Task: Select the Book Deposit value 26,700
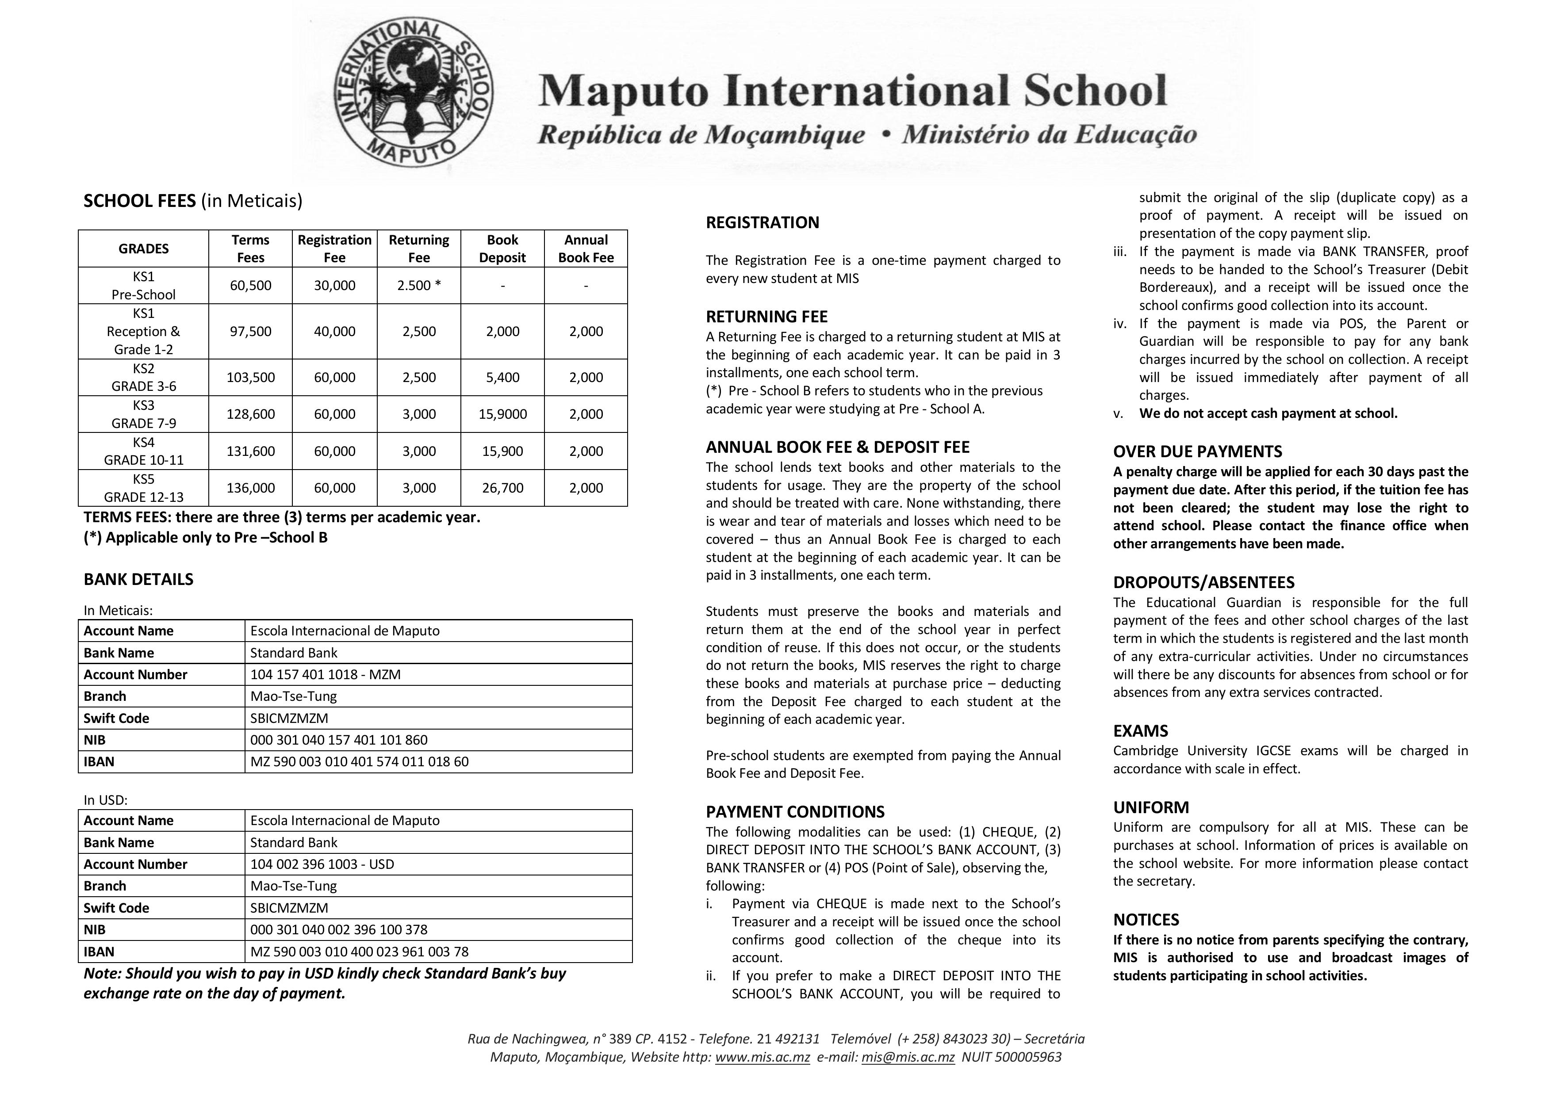pos(502,488)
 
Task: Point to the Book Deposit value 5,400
pos(502,377)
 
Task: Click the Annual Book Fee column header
pos(586,249)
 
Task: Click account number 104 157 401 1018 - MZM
pos(325,675)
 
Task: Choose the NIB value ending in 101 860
pos(339,740)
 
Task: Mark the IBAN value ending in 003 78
pos(359,952)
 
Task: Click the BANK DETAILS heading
pos(138,579)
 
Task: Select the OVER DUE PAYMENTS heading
pos(1197,451)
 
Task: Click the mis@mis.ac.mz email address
pos(908,1057)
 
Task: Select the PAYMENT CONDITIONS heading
pos(795,812)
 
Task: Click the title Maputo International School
pos(852,91)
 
